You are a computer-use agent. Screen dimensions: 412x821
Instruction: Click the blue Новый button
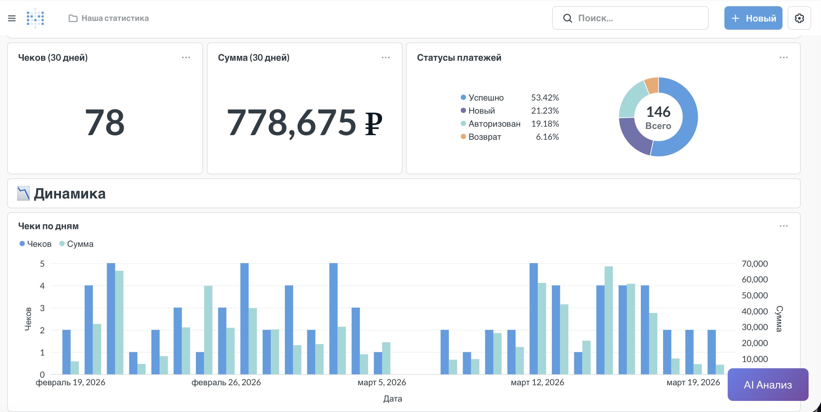(753, 18)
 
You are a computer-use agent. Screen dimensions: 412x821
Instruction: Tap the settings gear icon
(799, 18)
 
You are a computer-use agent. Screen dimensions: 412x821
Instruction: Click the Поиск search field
(630, 18)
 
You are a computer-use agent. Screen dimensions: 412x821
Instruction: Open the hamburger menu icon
(12, 18)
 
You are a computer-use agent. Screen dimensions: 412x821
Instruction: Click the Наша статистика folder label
(115, 18)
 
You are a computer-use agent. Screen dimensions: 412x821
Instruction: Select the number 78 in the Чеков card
(105, 123)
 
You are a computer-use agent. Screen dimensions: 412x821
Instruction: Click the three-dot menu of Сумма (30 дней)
(385, 57)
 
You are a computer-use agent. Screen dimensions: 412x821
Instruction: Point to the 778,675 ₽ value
(304, 123)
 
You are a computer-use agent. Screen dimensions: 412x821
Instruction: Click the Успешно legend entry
(486, 98)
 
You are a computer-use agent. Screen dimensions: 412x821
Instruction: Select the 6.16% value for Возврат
(547, 137)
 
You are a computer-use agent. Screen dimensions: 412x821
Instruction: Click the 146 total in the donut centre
(658, 112)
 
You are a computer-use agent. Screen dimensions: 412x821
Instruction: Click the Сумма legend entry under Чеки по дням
(80, 244)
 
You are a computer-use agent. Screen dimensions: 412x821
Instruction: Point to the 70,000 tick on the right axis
(754, 264)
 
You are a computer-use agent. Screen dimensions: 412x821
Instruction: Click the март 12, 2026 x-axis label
(537, 382)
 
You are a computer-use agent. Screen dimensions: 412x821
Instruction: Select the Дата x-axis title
(393, 399)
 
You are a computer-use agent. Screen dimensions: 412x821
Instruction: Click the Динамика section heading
(70, 194)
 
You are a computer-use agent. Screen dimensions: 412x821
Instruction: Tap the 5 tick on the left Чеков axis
(42, 264)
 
